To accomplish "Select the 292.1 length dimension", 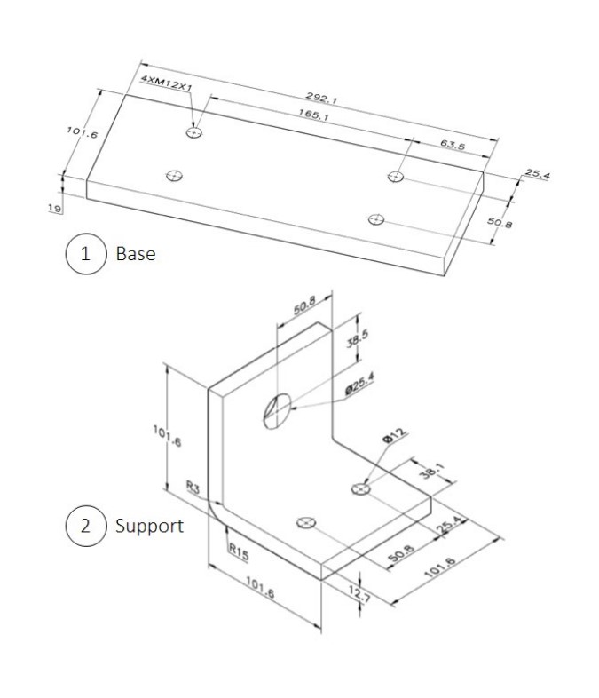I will click(321, 98).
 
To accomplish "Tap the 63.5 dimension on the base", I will click(453, 144).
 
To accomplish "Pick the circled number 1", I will click(85, 253).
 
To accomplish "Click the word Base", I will click(136, 254).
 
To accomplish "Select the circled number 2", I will click(85, 525).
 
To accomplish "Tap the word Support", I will click(149, 526).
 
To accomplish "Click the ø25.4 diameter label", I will click(359, 385).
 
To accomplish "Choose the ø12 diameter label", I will click(394, 436).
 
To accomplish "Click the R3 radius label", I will click(193, 487).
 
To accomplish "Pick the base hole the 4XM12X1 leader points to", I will click(194, 132).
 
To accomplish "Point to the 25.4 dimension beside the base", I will click(537, 175).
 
